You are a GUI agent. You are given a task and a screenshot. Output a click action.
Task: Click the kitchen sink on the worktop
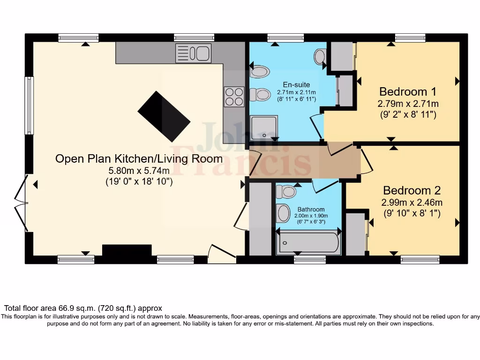click(193, 53)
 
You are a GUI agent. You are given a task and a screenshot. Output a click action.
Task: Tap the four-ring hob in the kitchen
click(234, 97)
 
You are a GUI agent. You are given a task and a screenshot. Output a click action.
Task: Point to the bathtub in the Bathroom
click(308, 242)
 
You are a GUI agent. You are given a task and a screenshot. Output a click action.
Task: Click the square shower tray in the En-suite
click(264, 127)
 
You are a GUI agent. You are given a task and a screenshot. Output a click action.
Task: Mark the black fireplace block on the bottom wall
click(127, 250)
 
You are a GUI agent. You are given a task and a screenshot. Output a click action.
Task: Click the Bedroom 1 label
click(404, 91)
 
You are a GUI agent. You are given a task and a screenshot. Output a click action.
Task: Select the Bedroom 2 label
click(412, 191)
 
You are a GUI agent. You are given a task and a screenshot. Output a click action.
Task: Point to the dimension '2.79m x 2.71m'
click(408, 104)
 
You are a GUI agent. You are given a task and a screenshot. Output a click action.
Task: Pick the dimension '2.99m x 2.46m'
click(412, 202)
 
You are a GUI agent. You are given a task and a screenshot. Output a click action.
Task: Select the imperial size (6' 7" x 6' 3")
click(311, 222)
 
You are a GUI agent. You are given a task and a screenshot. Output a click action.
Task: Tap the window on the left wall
click(29, 106)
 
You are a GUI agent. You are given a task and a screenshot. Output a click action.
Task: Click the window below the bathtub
click(309, 259)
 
